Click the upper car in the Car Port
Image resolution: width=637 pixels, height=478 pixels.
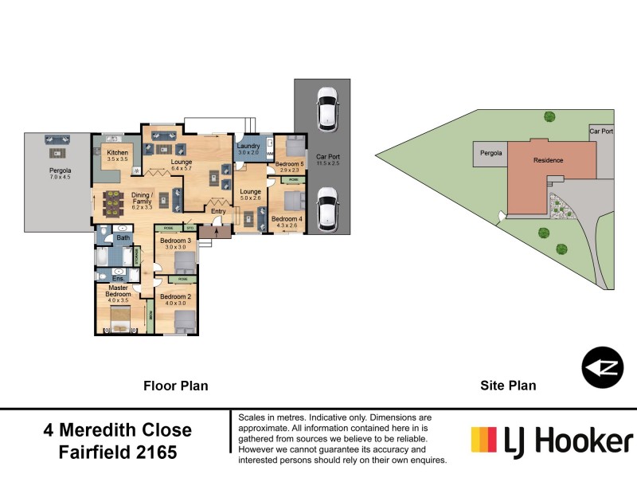coord(326,109)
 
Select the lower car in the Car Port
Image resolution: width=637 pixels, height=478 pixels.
coord(326,209)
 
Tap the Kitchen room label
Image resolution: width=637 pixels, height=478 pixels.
coord(117,152)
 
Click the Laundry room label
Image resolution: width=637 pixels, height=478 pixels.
coord(248,147)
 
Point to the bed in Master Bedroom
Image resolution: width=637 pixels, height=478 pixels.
coord(121,319)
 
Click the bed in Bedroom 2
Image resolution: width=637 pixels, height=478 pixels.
coord(184,320)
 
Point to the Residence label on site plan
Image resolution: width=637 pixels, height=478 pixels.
coord(548,160)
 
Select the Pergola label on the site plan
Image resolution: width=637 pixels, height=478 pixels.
coord(490,154)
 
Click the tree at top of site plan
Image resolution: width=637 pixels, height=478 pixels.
coord(549,116)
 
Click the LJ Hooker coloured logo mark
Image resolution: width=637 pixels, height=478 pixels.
coord(484,441)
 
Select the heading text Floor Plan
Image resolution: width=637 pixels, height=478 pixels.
coord(175,386)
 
